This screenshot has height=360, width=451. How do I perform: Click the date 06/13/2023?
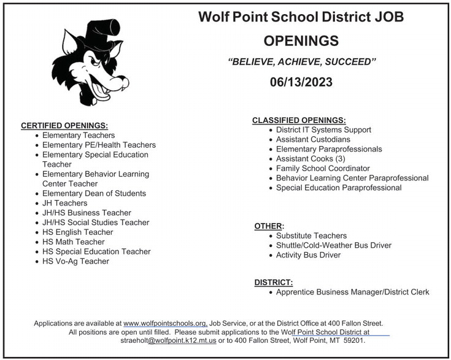pyautogui.click(x=301, y=82)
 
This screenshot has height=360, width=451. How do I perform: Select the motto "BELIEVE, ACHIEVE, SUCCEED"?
pyautogui.click(x=301, y=62)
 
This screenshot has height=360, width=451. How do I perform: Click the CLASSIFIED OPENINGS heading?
pyautogui.click(x=299, y=120)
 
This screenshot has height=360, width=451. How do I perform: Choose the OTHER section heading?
pyautogui.click(x=269, y=226)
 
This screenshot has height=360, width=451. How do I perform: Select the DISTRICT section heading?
pyautogui.click(x=274, y=282)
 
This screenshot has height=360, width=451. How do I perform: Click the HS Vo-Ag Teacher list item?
pyautogui.click(x=75, y=261)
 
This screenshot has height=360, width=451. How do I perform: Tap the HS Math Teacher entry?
pyautogui.click(x=74, y=242)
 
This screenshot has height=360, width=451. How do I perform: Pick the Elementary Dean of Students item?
pyautogui.click(x=94, y=193)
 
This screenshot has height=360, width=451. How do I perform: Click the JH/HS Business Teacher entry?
pyautogui.click(x=87, y=213)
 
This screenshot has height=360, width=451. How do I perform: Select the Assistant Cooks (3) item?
pyautogui.click(x=310, y=158)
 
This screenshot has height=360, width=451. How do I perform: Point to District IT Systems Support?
pyautogui.click(x=323, y=130)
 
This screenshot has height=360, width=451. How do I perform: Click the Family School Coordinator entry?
pyautogui.click(x=323, y=168)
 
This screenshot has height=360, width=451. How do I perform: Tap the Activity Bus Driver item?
pyautogui.click(x=308, y=255)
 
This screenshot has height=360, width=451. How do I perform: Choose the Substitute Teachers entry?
pyautogui.click(x=311, y=236)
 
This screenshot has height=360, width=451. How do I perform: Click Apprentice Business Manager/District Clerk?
pyautogui.click(x=352, y=292)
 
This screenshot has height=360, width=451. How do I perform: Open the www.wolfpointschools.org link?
pyautogui.click(x=165, y=323)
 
